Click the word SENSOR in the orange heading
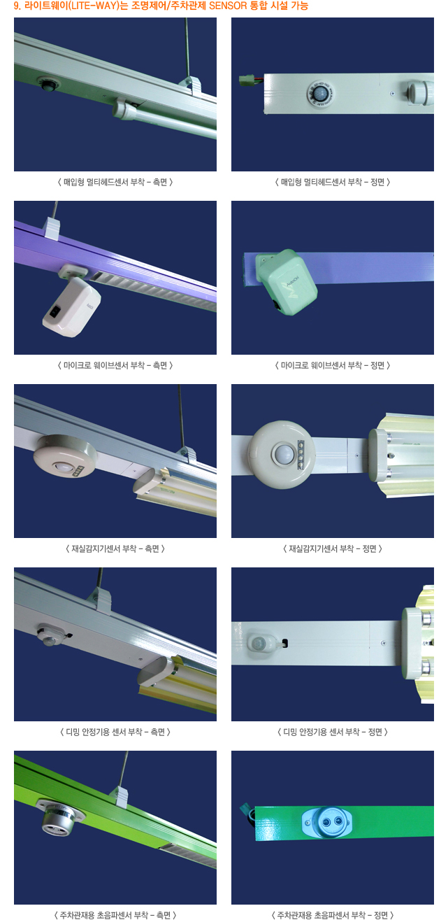pos(228,6)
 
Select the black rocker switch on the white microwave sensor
pos(55,312)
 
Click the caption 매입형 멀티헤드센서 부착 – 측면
pos(115,182)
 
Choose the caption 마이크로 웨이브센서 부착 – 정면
pos(332,365)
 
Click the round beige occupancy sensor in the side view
pos(65,455)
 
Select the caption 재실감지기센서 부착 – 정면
pos(332,549)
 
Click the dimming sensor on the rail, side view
pos(50,635)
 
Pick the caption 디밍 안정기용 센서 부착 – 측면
pos(115,732)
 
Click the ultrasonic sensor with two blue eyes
pos(327,822)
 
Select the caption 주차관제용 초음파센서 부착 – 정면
pos(332,914)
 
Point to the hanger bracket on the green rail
pos(119,795)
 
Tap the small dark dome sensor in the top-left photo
pos(48,83)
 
